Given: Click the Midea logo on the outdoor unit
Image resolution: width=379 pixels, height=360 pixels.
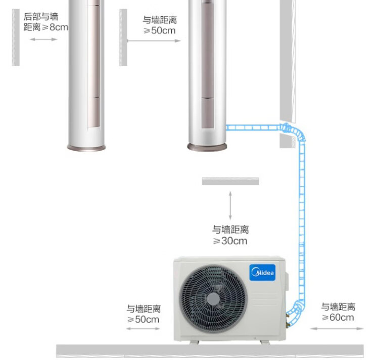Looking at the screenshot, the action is (x=262, y=273).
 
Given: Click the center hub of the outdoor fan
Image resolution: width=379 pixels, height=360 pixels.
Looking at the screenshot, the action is (x=213, y=299).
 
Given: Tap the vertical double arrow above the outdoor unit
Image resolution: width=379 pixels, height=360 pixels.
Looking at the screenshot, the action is (x=230, y=205).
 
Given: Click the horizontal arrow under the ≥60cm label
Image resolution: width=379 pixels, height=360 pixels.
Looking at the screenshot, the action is (x=337, y=328).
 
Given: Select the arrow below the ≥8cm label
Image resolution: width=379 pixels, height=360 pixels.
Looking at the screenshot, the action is (x=43, y=39).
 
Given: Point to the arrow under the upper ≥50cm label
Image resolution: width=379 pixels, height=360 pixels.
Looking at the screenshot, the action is (x=154, y=40).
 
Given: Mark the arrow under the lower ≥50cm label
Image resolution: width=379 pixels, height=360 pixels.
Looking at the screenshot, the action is (x=143, y=329).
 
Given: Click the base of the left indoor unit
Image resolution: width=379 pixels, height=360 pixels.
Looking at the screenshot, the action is (x=86, y=148).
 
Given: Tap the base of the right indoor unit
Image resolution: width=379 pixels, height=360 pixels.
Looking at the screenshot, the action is (x=207, y=147).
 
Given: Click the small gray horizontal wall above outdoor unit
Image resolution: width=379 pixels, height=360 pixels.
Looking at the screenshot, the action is (x=230, y=181).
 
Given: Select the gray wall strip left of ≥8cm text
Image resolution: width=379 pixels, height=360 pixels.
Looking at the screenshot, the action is (x=16, y=37).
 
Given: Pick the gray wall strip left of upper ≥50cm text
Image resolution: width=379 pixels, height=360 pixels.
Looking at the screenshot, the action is (x=123, y=37).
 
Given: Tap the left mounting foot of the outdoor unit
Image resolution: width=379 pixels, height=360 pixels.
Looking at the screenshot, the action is (x=195, y=342).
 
